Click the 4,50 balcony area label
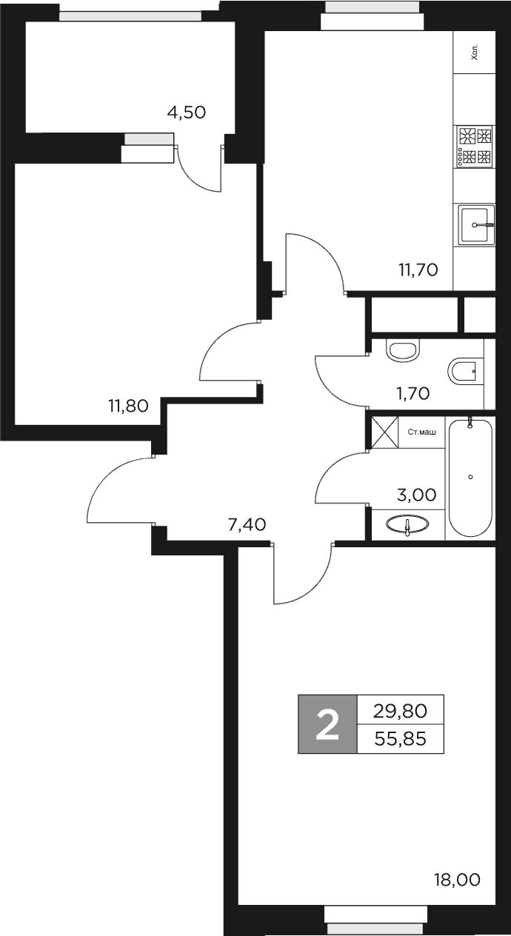pyautogui.click(x=186, y=113)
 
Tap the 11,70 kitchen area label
pyautogui.click(x=418, y=270)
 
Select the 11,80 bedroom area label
pyautogui.click(x=129, y=405)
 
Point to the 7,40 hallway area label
pyautogui.click(x=247, y=525)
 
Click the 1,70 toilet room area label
pyautogui.click(x=413, y=393)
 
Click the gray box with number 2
pyautogui.click(x=327, y=724)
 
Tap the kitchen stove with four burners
pyautogui.click(x=475, y=146)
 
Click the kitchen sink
pyautogui.click(x=475, y=224)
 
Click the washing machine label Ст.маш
pyautogui.click(x=421, y=431)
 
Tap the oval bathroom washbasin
pyautogui.click(x=407, y=525)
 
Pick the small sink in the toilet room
pyautogui.click(x=403, y=350)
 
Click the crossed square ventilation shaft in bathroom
pyautogui.click(x=385, y=432)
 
